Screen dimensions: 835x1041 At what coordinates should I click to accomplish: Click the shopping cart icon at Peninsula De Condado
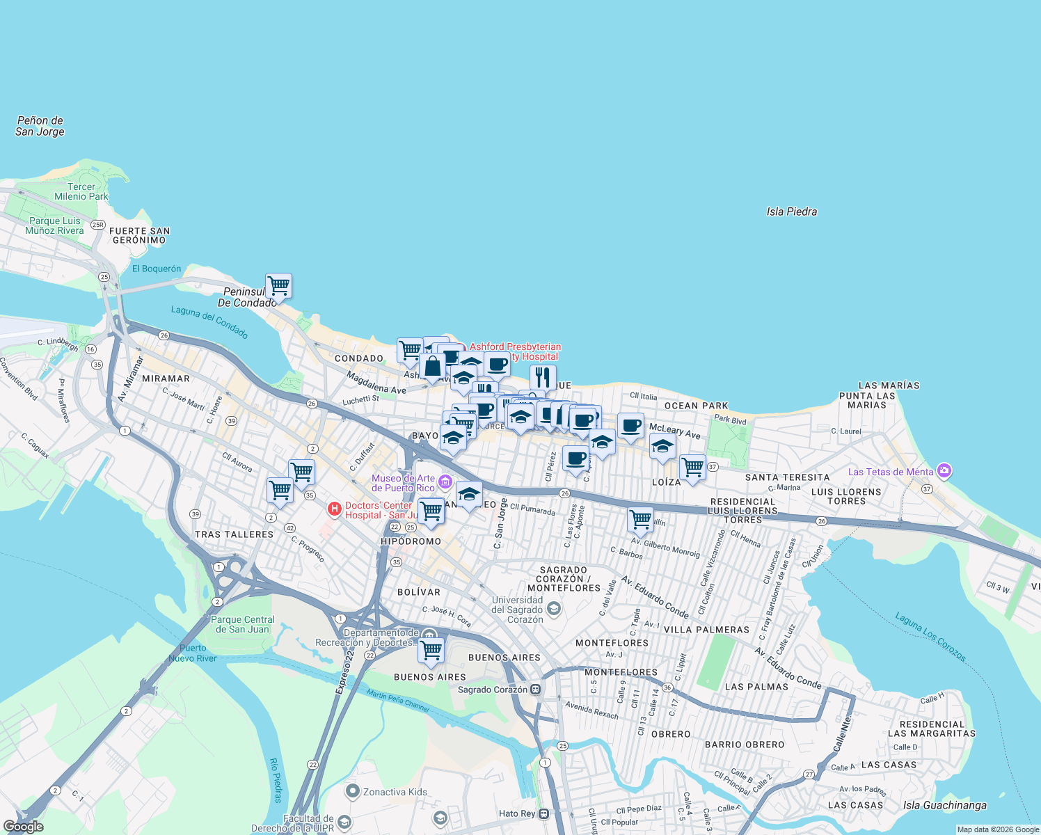(x=278, y=285)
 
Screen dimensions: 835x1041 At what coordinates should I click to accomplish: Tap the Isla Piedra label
(x=791, y=212)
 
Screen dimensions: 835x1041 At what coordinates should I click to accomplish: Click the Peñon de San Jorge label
(x=40, y=126)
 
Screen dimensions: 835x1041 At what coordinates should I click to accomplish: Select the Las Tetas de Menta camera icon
(x=944, y=471)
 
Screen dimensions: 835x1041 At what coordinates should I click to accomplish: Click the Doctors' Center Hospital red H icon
(x=335, y=510)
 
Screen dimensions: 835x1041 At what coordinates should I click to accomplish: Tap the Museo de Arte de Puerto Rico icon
(x=445, y=482)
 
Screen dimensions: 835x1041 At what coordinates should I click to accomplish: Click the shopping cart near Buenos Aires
(x=431, y=650)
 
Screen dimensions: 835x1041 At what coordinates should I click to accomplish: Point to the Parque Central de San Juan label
(x=243, y=624)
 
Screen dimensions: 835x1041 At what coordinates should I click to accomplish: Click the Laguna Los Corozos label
(x=930, y=637)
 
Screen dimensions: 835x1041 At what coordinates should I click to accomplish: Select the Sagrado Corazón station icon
(x=535, y=690)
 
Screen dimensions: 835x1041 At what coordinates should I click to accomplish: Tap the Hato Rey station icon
(x=544, y=813)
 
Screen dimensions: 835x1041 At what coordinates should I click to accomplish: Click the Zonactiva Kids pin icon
(x=353, y=792)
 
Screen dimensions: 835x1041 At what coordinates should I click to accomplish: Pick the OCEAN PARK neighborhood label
(x=696, y=406)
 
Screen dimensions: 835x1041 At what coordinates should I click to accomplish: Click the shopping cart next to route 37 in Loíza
(x=692, y=468)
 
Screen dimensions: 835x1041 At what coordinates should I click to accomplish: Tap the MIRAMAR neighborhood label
(x=166, y=379)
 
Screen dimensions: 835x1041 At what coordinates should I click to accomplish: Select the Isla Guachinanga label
(x=944, y=805)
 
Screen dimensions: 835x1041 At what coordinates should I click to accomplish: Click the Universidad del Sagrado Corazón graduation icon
(x=553, y=610)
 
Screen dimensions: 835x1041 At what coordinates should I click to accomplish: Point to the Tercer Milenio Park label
(x=81, y=191)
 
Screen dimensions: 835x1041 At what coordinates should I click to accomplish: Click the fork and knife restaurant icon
(x=543, y=377)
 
